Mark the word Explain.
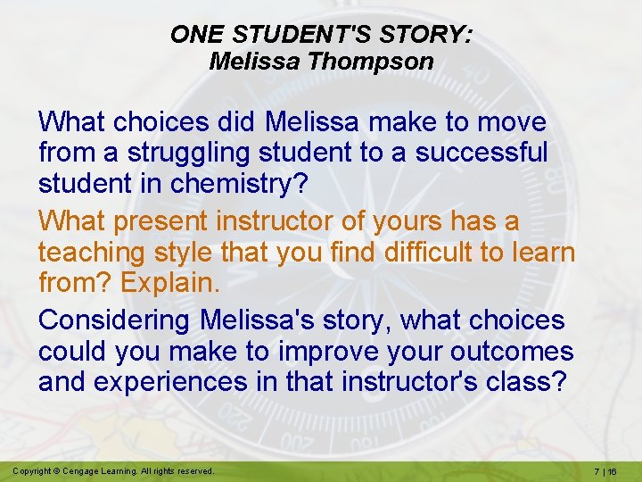coord(169,284)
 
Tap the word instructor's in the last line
coord(398,383)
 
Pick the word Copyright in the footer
coord(33,470)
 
